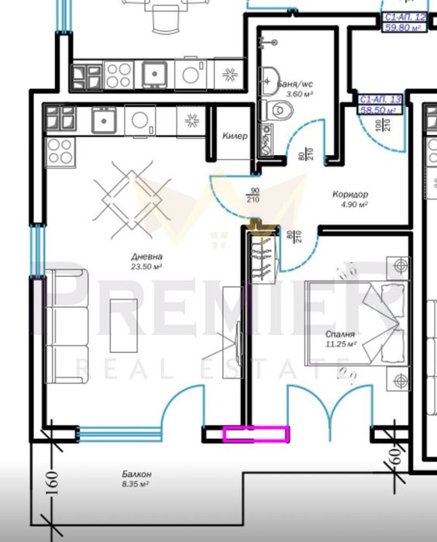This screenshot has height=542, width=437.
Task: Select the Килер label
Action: pyautogui.click(x=235, y=136)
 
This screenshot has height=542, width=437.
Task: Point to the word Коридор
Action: pyautogui.click(x=350, y=195)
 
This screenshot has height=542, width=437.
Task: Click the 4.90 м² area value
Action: pyautogui.click(x=354, y=205)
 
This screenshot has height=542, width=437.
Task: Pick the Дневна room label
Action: pyautogui.click(x=146, y=257)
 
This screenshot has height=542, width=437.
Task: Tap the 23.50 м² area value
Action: pyautogui.click(x=146, y=267)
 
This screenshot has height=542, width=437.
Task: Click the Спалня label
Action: pyautogui.click(x=341, y=333)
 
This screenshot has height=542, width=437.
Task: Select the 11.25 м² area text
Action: pyautogui.click(x=341, y=343)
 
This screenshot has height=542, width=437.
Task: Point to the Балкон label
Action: pyautogui.click(x=136, y=474)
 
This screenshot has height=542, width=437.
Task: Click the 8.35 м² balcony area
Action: pyautogui.click(x=136, y=484)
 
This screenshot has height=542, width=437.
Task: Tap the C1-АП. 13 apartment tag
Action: pyautogui.click(x=381, y=100)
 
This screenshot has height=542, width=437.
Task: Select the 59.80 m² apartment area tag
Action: pyautogui.click(x=408, y=27)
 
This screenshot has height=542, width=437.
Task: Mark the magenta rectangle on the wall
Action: pyautogui.click(x=256, y=435)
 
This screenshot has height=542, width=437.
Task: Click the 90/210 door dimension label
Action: pyautogui.click(x=253, y=195)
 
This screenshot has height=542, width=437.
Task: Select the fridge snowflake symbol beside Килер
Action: pyautogui.click(x=191, y=121)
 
